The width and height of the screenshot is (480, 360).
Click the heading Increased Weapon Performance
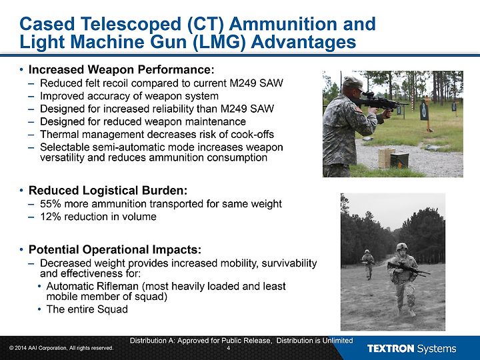click(x=121, y=70)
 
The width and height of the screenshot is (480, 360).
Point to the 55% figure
click(x=51, y=204)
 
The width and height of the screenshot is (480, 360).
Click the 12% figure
click(x=51, y=217)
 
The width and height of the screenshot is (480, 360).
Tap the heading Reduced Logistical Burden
click(x=108, y=191)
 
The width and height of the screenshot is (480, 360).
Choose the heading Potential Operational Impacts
click(x=115, y=250)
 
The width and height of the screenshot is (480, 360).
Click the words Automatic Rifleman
click(x=93, y=286)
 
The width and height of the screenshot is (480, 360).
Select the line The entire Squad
click(x=87, y=309)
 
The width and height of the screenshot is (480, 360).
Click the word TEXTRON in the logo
click(x=390, y=349)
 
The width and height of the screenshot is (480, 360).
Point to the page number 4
click(x=229, y=348)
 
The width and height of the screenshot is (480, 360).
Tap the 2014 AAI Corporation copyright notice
click(x=61, y=348)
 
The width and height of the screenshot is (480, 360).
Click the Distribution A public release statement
click(x=241, y=341)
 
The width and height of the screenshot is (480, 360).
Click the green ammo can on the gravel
click(x=399, y=160)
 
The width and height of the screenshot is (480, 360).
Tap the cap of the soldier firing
click(x=352, y=82)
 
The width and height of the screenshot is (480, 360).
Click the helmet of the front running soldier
click(x=402, y=247)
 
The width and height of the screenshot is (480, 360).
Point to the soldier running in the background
click(x=368, y=264)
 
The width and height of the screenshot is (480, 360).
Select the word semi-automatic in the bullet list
click(x=127, y=147)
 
